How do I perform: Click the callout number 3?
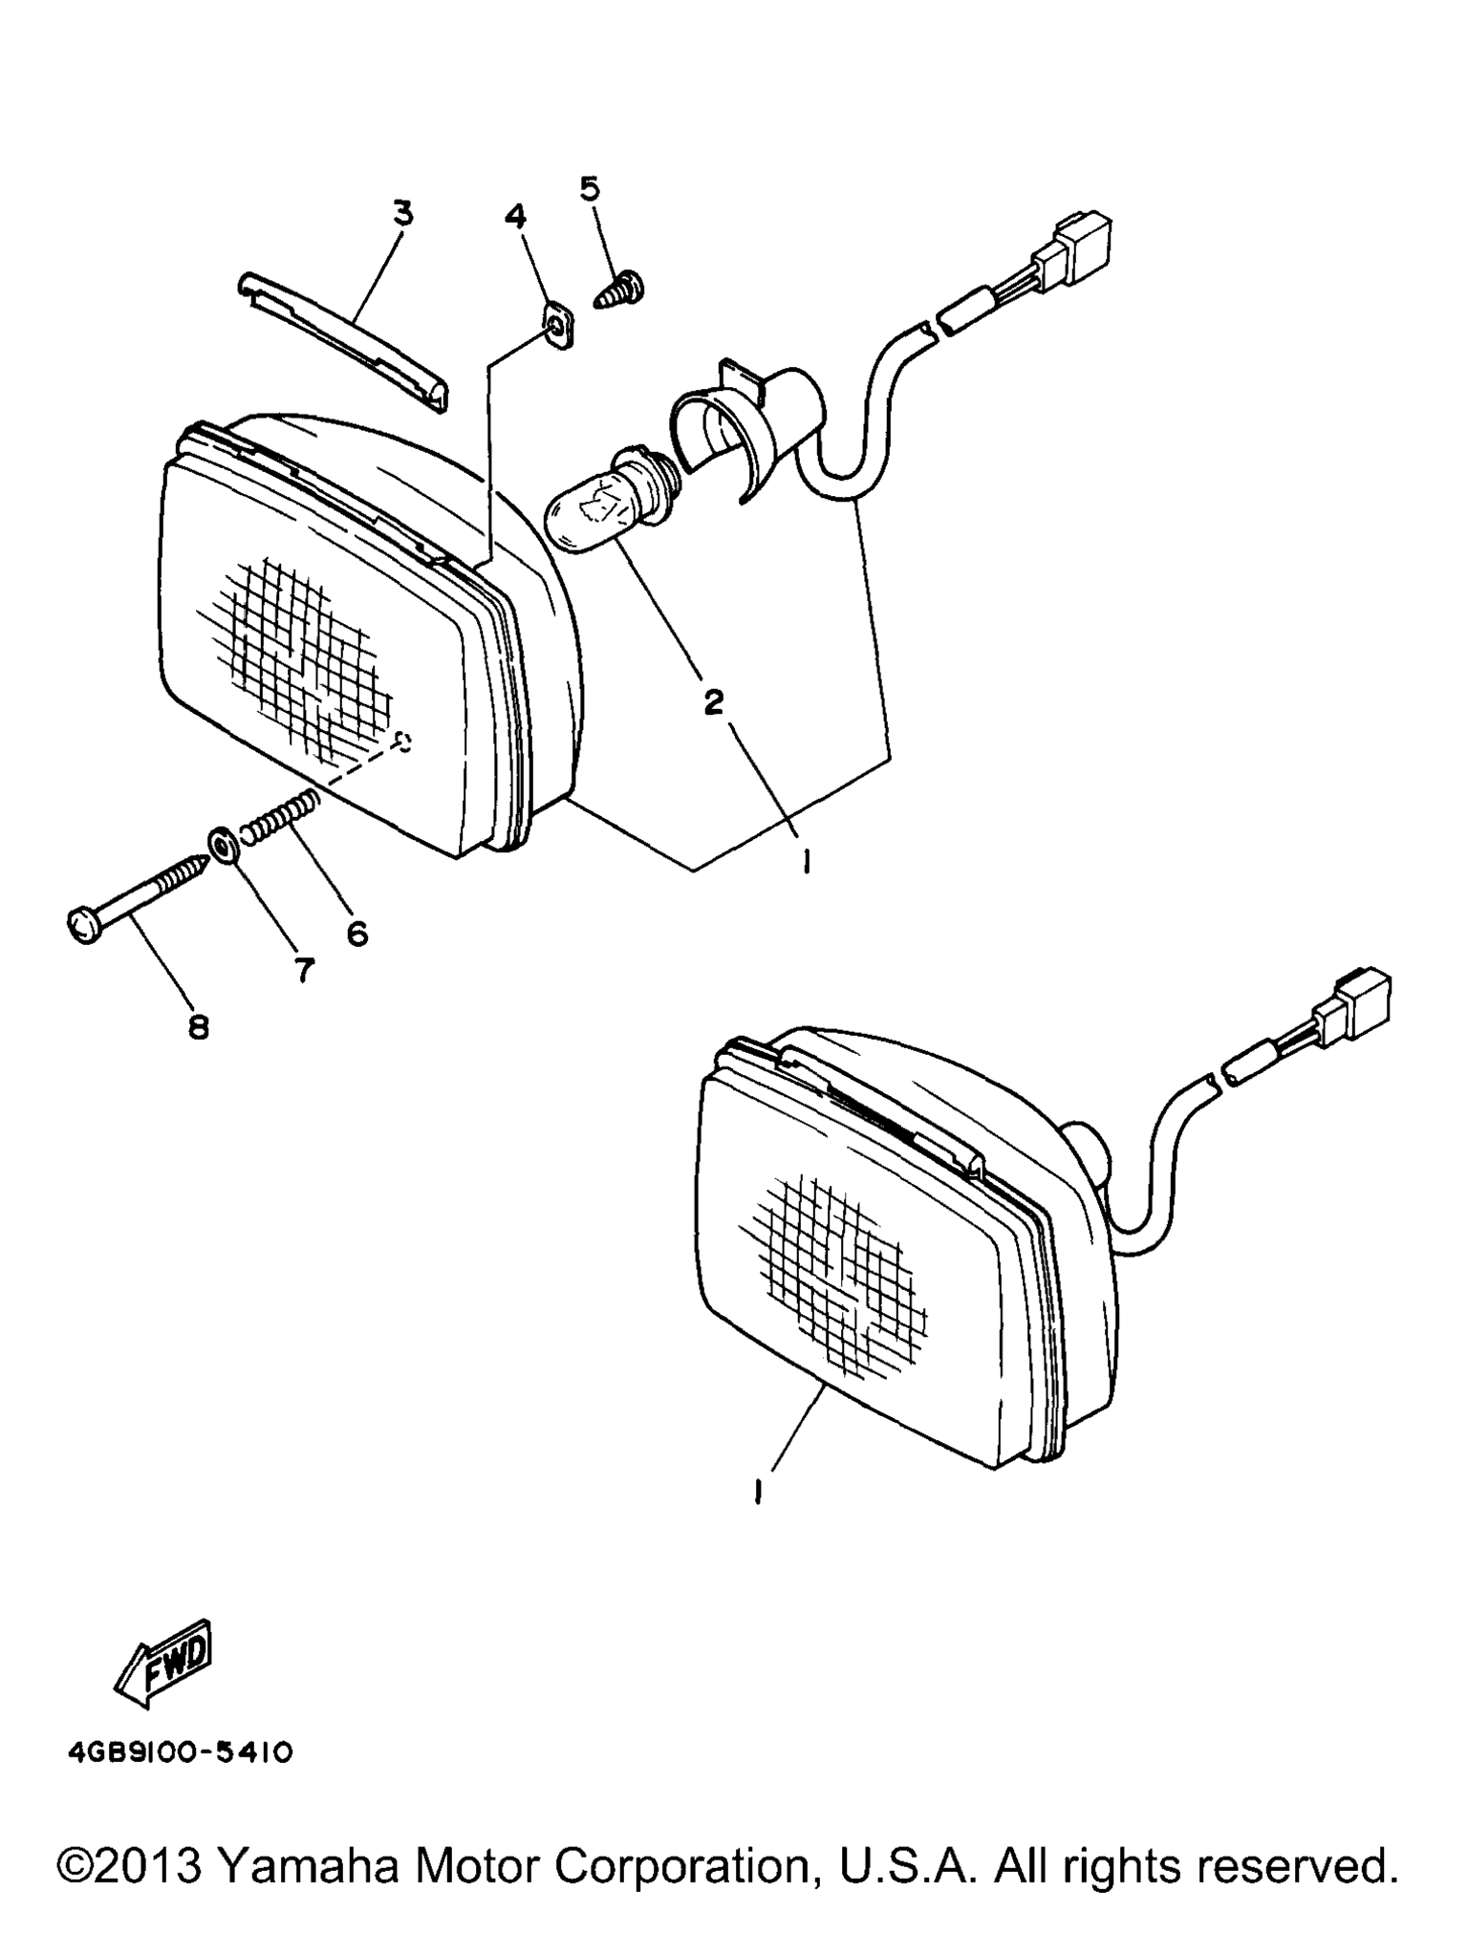point(404,213)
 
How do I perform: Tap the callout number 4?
point(515,217)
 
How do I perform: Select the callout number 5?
point(591,188)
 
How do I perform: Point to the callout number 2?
point(713,702)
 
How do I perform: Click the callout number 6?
point(357,934)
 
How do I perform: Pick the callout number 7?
point(303,971)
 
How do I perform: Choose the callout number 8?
point(199,1027)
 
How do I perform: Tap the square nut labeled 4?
point(559,327)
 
